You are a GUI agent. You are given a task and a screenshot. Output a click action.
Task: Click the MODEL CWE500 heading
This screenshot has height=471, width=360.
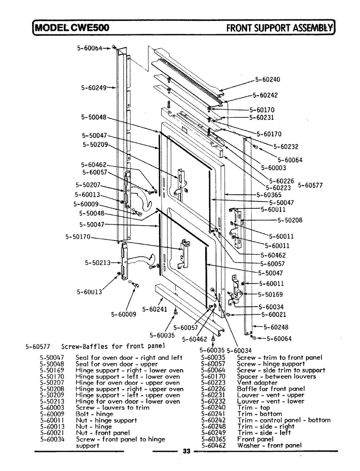tap(72, 28)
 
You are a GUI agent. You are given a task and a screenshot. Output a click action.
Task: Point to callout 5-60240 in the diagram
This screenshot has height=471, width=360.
tap(267, 80)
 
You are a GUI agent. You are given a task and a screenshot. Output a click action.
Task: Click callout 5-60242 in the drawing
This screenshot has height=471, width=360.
tap(265, 95)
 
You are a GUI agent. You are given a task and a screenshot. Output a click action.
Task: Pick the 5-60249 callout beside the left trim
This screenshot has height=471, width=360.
tap(94, 88)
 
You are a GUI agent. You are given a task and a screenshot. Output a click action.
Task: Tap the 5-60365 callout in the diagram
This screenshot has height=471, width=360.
tap(269, 195)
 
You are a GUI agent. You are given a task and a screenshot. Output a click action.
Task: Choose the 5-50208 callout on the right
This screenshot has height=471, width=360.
tap(290, 220)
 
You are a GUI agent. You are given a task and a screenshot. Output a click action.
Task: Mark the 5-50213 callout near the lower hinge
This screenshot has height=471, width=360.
tap(98, 263)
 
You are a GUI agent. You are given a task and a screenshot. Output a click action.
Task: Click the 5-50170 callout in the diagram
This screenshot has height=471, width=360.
tap(78, 237)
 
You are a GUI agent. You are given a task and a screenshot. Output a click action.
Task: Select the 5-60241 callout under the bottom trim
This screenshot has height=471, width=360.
tap(154, 309)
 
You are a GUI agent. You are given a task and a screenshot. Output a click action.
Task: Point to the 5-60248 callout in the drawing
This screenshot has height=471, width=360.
tap(276, 327)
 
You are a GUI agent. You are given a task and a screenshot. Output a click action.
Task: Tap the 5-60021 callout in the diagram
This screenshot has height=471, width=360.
tap(274, 314)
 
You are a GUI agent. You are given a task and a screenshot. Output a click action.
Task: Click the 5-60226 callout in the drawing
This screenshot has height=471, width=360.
tap(282, 181)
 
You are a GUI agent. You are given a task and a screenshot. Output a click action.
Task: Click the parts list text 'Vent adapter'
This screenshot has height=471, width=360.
tap(257, 382)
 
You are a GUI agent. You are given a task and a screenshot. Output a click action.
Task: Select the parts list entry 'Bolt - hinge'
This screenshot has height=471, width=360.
tap(94, 414)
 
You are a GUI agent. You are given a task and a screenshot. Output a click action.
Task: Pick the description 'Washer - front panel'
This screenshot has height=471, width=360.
tap(269, 445)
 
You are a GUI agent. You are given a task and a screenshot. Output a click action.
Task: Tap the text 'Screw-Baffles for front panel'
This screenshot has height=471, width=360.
tap(113, 346)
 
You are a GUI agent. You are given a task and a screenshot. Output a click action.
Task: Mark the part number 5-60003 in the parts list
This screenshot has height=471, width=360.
tap(52, 408)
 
